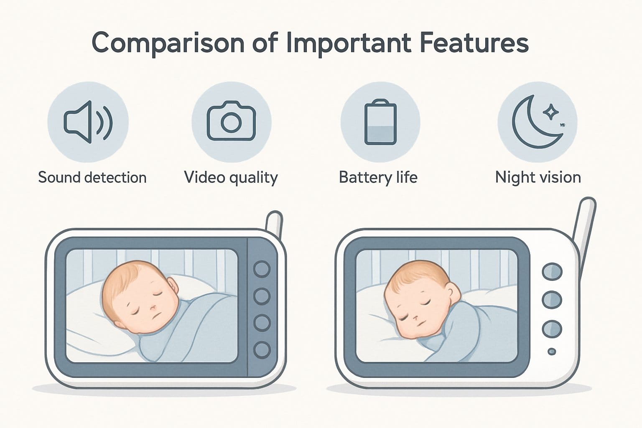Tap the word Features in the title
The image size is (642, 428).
point(474,43)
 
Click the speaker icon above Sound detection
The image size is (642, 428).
point(88,122)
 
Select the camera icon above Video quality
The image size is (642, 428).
point(231,121)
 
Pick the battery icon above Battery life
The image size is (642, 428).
point(380,122)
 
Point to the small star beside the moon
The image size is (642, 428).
point(550,111)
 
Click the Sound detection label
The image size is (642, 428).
point(92,178)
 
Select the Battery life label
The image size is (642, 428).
point(378,178)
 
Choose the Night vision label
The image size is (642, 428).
point(538,178)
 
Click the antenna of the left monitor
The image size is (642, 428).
point(275,222)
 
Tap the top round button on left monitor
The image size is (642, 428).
point(262,269)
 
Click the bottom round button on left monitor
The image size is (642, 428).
point(262,349)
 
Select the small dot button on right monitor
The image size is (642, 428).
point(552,352)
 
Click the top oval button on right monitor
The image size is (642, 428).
point(552,271)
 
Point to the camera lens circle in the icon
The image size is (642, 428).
point(231,122)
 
